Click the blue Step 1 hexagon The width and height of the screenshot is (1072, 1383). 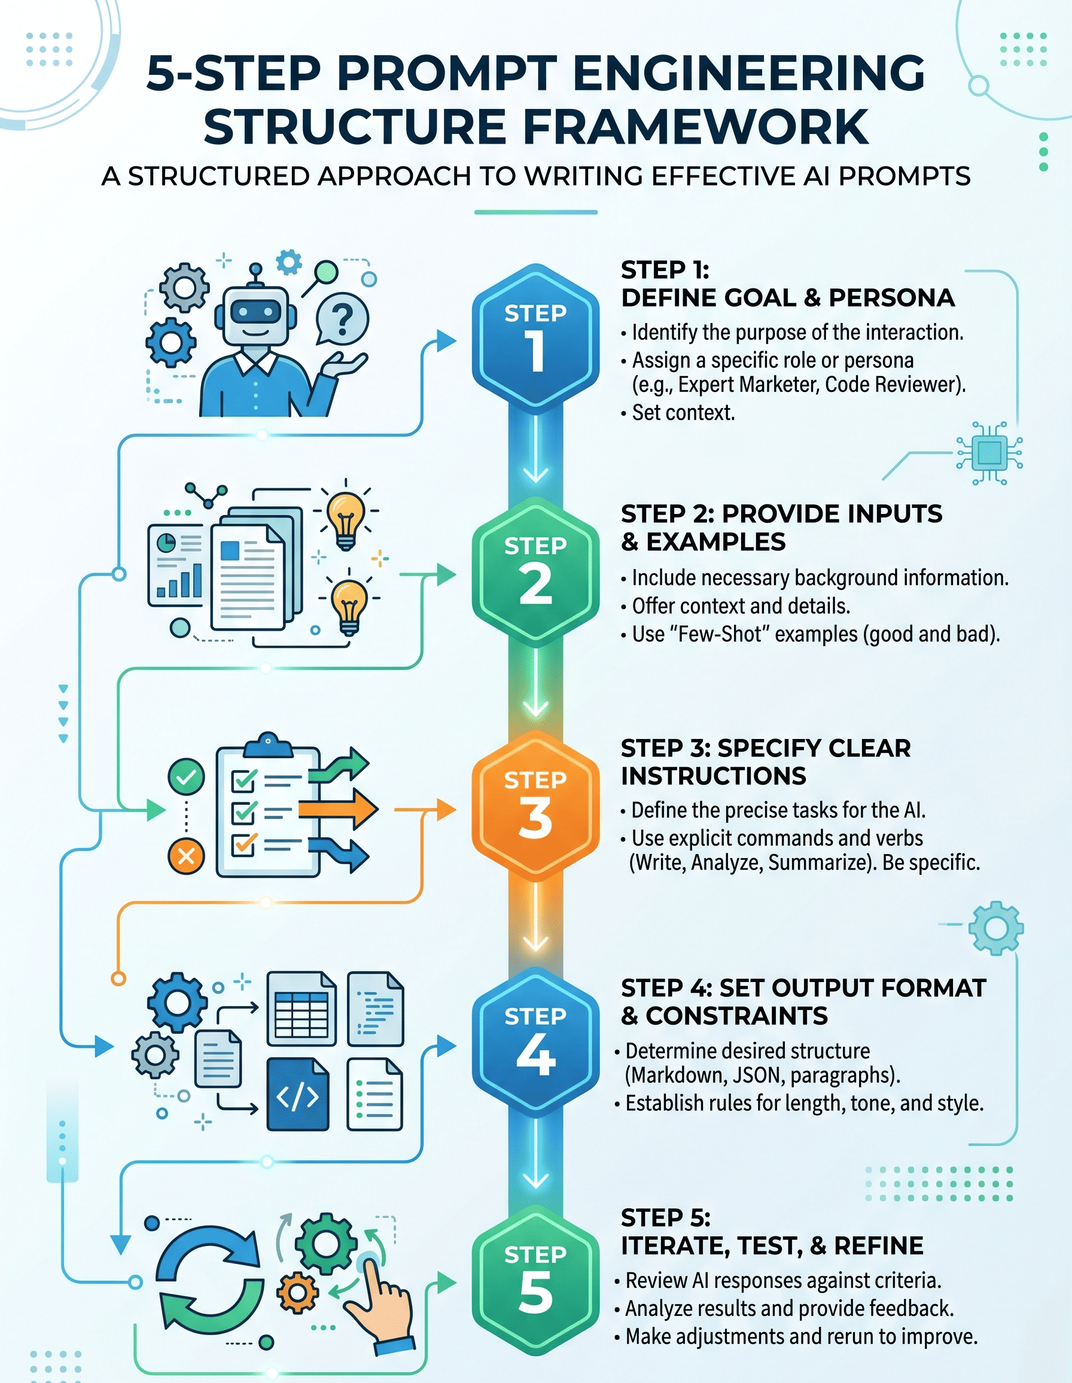coord(535,336)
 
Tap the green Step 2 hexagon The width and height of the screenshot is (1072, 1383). coord(535,570)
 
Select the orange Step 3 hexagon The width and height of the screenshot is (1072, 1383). coord(535,804)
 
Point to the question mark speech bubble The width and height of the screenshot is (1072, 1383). coord(342,319)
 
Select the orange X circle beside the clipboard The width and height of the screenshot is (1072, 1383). coord(186,857)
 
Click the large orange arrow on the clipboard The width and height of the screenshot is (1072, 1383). coord(338,808)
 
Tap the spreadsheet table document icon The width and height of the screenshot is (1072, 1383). coord(301,1008)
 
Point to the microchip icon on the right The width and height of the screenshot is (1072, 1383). coord(989,453)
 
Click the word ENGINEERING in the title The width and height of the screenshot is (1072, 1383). coord(748,74)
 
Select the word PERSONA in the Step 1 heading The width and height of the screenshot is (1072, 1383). coord(892,297)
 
